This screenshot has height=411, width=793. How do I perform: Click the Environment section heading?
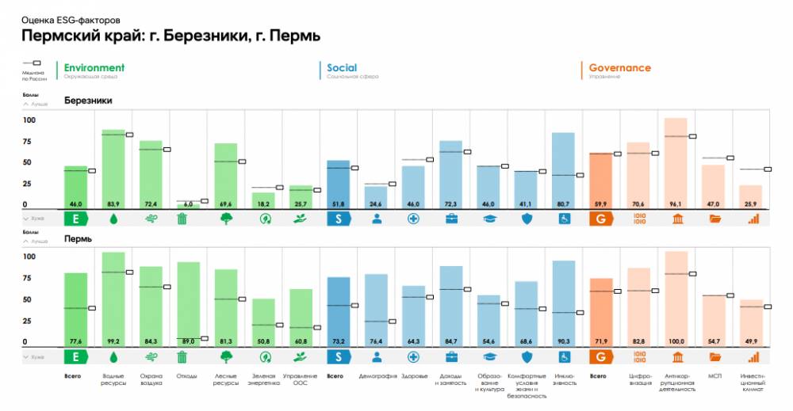click(94, 68)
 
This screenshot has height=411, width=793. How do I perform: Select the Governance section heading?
click(619, 68)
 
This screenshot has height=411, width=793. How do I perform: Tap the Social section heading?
click(342, 68)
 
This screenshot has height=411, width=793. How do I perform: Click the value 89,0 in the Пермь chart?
click(189, 341)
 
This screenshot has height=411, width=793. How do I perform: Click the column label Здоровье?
click(413, 375)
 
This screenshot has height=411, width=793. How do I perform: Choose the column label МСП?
click(714, 375)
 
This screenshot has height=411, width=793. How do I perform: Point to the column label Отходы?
click(188, 375)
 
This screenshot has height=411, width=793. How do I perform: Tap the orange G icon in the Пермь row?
click(600, 356)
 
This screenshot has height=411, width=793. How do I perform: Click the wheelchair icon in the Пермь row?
click(564, 356)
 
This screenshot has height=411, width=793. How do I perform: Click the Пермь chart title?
click(78, 238)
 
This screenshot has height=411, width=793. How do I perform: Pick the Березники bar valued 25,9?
click(751, 197)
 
